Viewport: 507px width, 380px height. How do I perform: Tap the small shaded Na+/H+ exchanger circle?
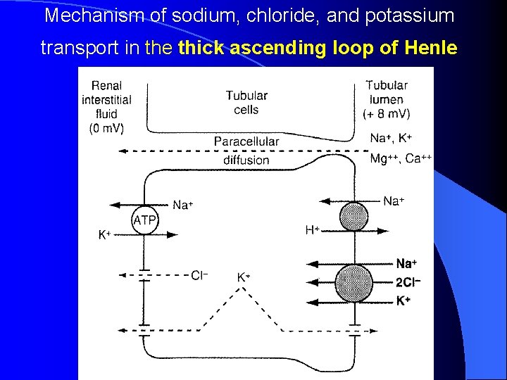pos(353,217)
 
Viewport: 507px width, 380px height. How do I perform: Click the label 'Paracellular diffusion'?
pos(246,151)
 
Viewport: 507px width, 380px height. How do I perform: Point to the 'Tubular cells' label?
pos(246,103)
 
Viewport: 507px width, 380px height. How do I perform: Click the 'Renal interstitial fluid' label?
pos(106,100)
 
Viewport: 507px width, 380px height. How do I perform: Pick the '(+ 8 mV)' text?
pos(387,113)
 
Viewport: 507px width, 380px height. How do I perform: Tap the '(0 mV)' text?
pos(106,129)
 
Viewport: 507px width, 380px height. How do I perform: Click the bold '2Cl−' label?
pos(408,282)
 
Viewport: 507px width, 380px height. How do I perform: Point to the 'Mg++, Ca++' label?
pos(401,158)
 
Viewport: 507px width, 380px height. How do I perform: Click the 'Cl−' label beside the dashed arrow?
pos(199,275)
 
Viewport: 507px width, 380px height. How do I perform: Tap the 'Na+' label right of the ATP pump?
pos(183,205)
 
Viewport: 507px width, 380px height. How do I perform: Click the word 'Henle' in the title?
pos(432,48)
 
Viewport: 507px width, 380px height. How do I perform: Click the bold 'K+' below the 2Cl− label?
pos(403,300)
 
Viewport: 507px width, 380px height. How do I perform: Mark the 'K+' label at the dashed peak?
pos(244,277)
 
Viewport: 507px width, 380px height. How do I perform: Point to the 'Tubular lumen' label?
pos(387,92)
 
